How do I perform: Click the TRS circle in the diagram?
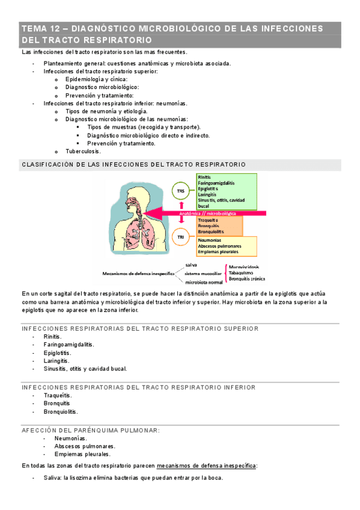pyautogui.click(x=180, y=191)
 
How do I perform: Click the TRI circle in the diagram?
pyautogui.click(x=180, y=238)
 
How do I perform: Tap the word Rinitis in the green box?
pyautogui.click(x=204, y=177)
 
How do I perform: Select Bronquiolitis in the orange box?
pyautogui.click(x=210, y=231)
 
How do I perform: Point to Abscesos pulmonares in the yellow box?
pyautogui.click(x=219, y=246)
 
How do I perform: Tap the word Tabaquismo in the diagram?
pyautogui.click(x=242, y=272)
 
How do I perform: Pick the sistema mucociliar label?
pyautogui.click(x=204, y=273)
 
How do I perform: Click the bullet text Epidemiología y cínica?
pyautogui.click(x=96, y=79)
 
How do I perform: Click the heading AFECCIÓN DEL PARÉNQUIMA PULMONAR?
pyautogui.click(x=91, y=430)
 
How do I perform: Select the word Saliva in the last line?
pyautogui.click(x=52, y=478)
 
